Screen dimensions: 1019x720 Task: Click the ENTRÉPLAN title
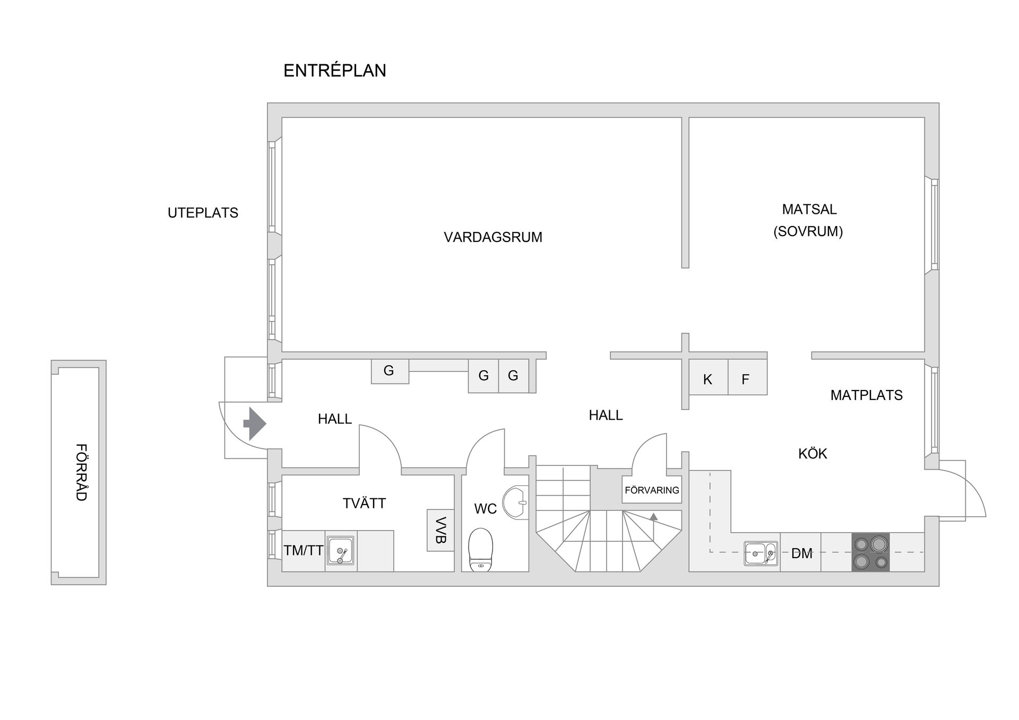click(335, 71)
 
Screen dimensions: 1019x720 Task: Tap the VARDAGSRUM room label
click(493, 237)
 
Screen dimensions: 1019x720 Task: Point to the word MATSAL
click(809, 209)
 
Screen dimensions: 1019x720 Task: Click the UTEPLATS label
click(203, 213)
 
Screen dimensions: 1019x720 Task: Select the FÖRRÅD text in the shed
click(81, 472)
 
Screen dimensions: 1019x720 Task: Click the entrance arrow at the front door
click(255, 423)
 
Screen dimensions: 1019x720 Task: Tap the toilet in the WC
click(481, 550)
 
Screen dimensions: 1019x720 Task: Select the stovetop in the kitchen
click(870, 552)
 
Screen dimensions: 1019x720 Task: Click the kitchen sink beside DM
click(761, 553)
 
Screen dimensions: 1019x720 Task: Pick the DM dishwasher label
click(801, 553)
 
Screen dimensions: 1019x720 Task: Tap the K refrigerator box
click(708, 377)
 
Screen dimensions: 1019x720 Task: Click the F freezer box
click(747, 377)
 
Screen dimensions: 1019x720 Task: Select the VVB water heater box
click(441, 531)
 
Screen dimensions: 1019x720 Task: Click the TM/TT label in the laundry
click(304, 551)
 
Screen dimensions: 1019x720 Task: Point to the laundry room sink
click(340, 550)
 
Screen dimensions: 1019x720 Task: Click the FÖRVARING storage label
click(652, 490)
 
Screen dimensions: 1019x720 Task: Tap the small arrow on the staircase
click(654, 516)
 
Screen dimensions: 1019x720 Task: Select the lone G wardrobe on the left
click(390, 371)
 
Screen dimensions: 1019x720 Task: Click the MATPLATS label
click(866, 395)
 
